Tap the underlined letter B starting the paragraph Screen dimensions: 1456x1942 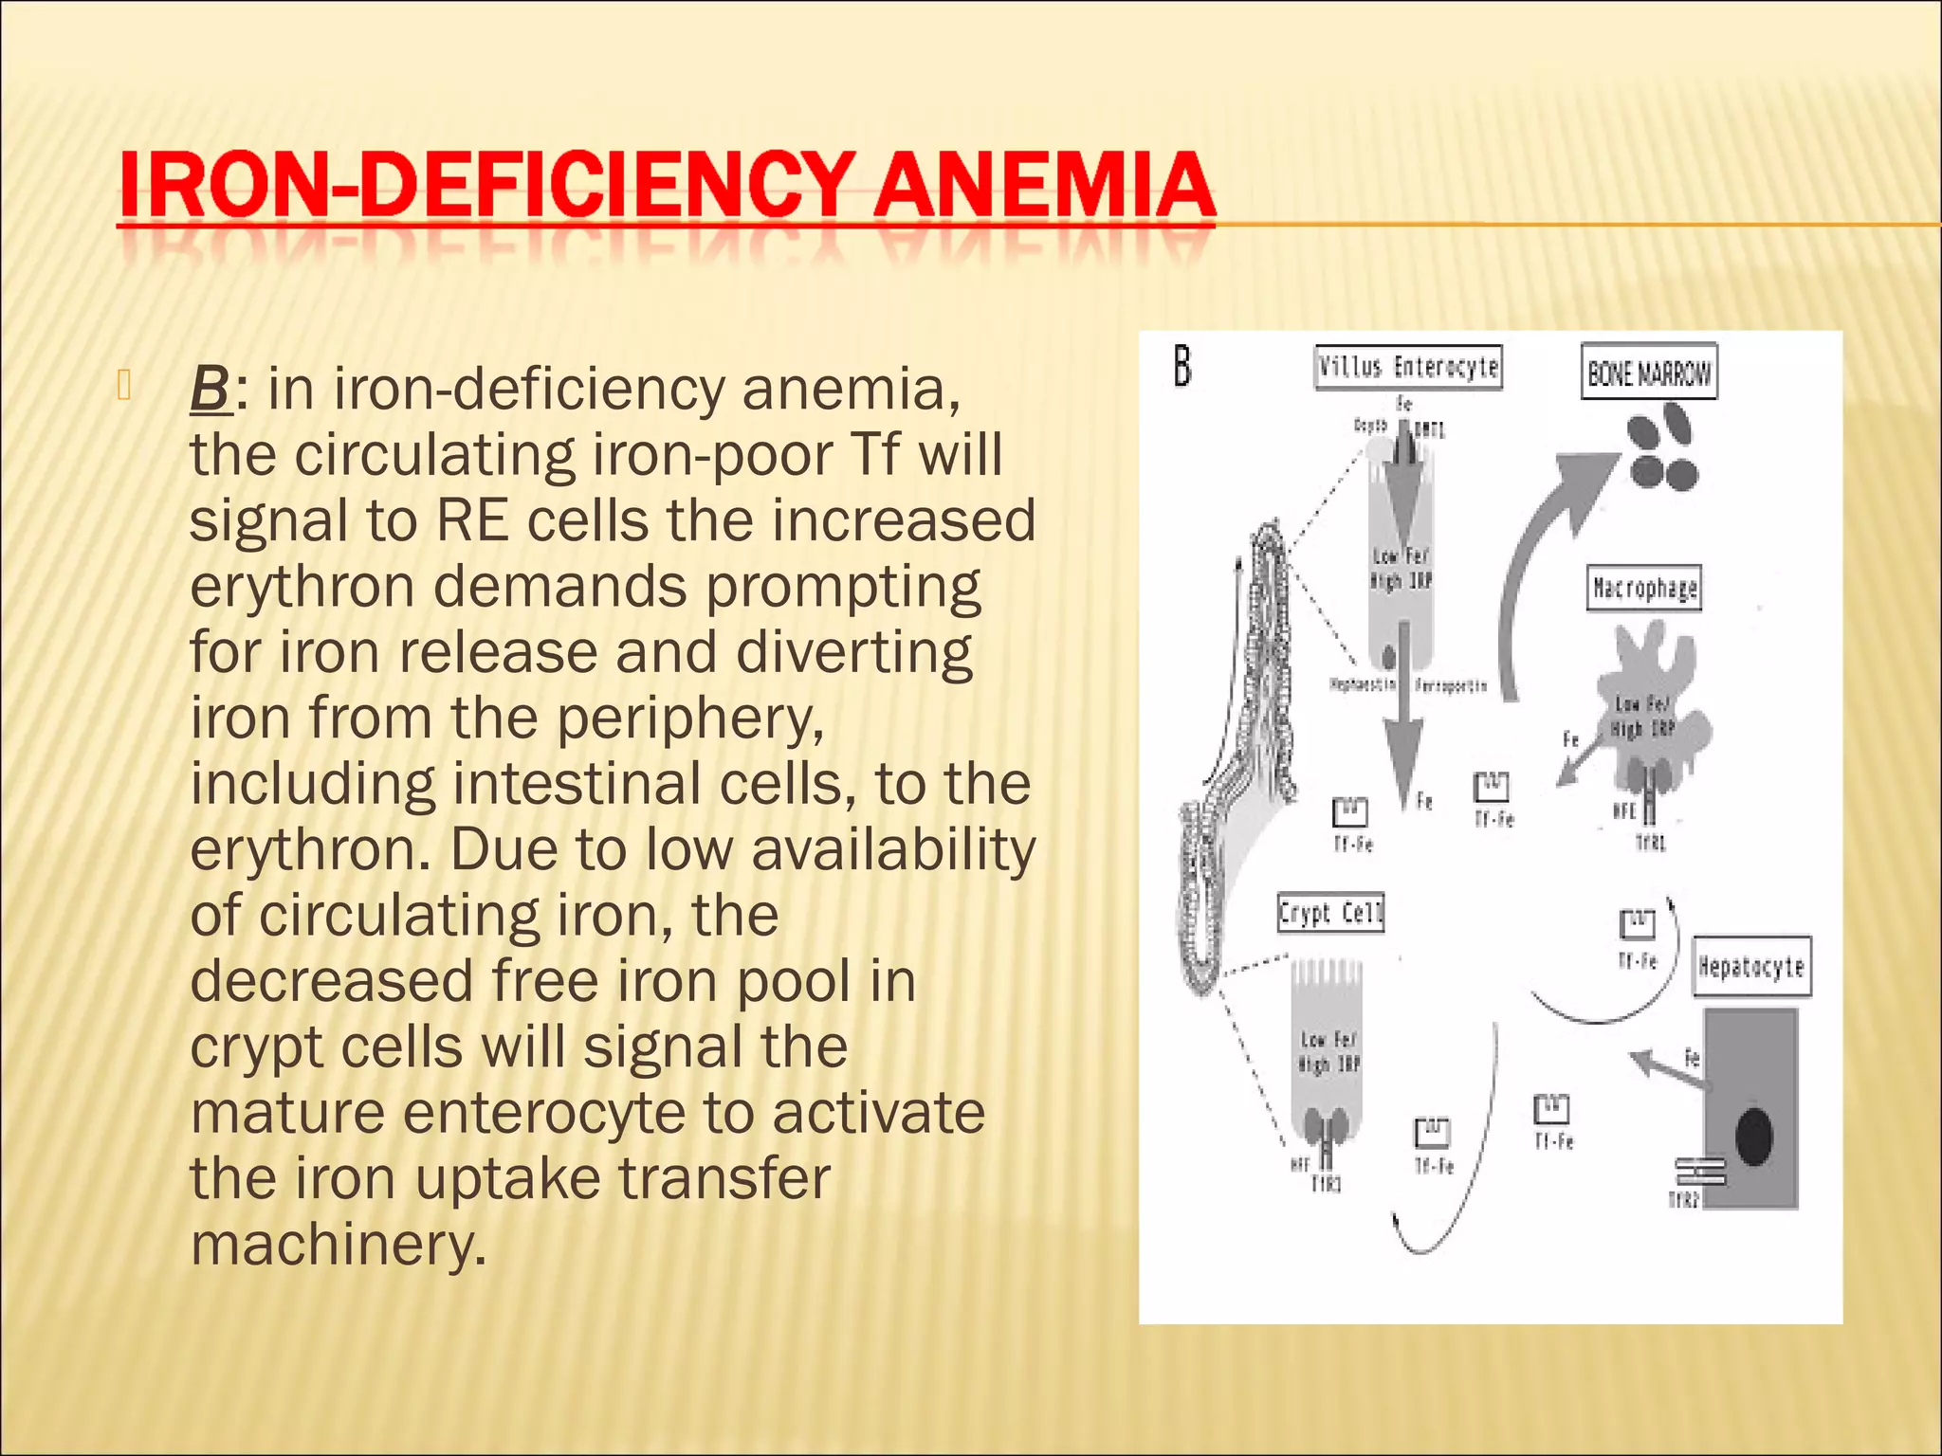click(210, 390)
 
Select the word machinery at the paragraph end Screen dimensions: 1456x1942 click(338, 1244)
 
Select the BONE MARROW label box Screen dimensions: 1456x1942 click(1649, 373)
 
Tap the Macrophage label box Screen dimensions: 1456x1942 click(1644, 589)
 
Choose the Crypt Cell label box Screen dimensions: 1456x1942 click(1330, 914)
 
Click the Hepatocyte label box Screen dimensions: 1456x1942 click(1751, 967)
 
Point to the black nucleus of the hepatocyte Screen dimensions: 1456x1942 click(1753, 1135)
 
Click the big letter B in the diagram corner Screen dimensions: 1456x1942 click(1182, 366)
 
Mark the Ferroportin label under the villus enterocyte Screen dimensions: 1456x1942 click(1451, 685)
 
